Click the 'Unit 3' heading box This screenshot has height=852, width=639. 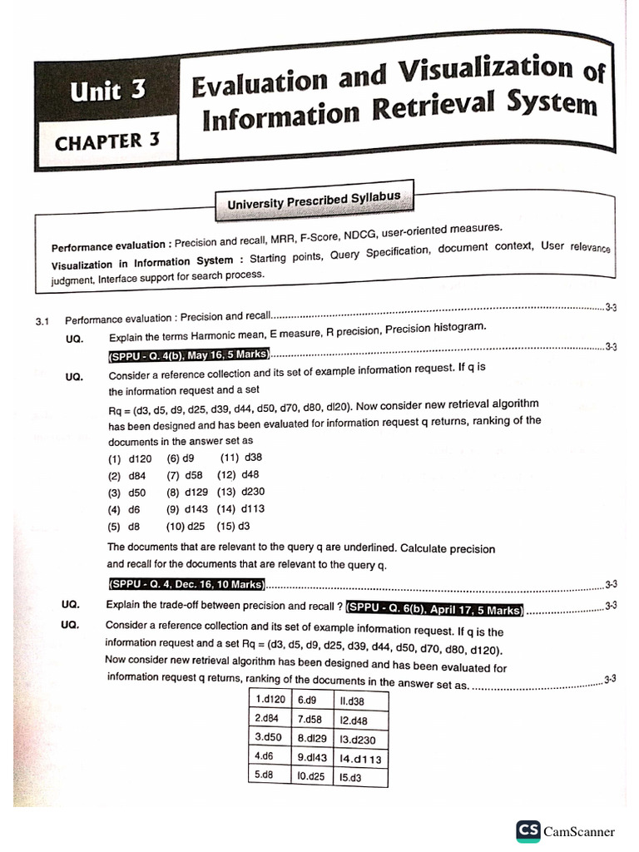tap(109, 92)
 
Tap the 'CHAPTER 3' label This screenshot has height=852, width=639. tap(106, 141)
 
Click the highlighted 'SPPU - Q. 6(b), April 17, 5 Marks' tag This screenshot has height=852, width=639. tap(435, 608)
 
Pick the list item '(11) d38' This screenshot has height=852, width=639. tap(242, 458)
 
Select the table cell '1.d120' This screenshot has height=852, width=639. tap(270, 701)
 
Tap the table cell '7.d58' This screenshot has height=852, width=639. tap(310, 719)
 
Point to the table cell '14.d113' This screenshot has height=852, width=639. tap(359, 758)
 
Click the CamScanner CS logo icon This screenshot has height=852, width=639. tap(528, 830)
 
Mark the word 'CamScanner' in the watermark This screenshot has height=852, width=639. tap(579, 831)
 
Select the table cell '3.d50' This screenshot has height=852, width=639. tap(270, 738)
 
